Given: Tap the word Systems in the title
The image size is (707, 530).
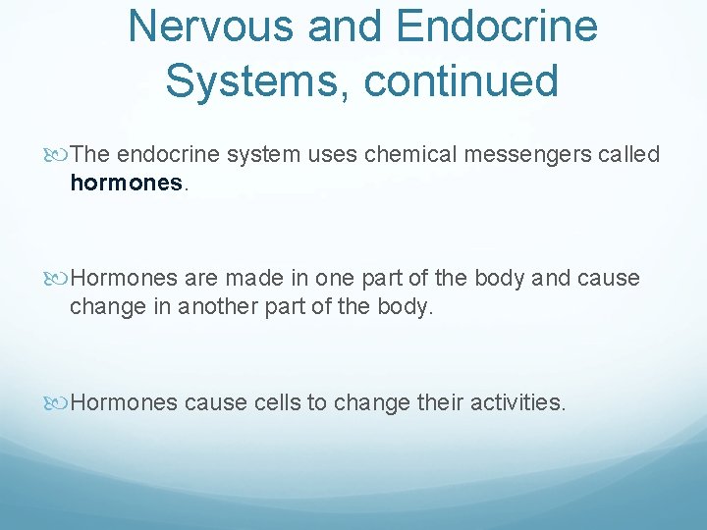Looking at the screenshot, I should pos(257,79).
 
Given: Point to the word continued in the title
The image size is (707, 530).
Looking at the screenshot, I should pos(461,79).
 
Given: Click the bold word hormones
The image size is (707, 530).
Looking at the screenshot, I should pos(126,182).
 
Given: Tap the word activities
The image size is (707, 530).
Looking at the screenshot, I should pos(517,402).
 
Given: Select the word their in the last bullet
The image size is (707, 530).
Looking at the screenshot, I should pos(438,402).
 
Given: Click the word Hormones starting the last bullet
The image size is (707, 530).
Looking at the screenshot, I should pos(125,402).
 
